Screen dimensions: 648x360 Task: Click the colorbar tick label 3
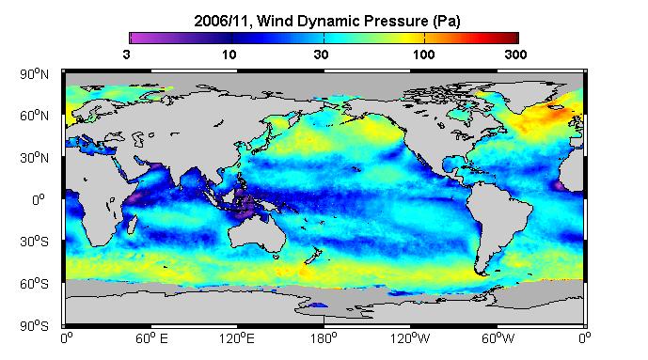pos(126,55)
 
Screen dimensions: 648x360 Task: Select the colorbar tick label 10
pos(229,55)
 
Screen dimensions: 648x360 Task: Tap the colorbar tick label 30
pos(321,55)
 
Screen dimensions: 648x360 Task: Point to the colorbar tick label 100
pos(423,55)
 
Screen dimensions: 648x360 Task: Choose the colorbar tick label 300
pos(515,55)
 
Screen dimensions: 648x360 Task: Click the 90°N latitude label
pos(34,74)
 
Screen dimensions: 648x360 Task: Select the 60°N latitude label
pos(34,116)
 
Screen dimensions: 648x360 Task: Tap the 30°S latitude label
pos(34,242)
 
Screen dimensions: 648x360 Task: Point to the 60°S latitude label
pos(34,284)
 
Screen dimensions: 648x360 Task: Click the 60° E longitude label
pos(151,338)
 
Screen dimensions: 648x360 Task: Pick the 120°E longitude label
pos(237,338)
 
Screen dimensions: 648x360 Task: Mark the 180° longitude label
pos(324,338)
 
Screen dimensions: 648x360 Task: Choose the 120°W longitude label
pos(410,338)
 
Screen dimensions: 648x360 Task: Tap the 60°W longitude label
pos(498,338)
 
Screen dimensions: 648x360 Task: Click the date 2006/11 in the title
pos(222,21)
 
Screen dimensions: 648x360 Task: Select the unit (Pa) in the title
pos(447,21)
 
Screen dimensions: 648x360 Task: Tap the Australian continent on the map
pos(258,234)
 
